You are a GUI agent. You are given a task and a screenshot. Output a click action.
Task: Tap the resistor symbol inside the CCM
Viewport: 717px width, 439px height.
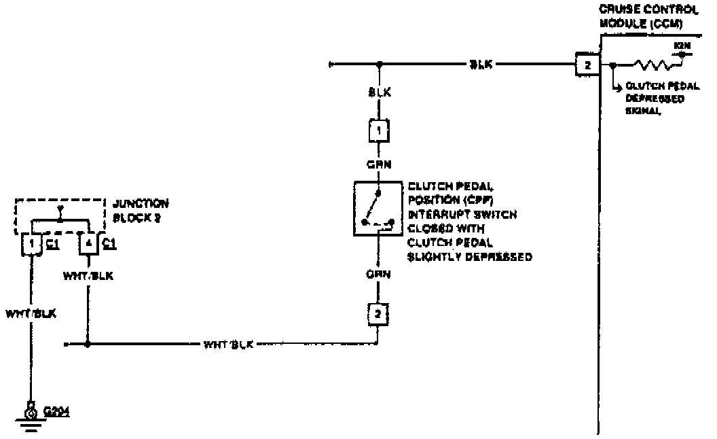[x=653, y=66]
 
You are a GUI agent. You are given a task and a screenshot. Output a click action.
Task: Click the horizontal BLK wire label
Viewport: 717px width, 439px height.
[x=481, y=65]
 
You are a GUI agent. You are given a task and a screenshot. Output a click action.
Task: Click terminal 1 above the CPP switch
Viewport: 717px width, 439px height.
[x=379, y=129]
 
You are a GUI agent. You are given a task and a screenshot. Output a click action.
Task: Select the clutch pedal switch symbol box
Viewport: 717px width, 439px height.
[x=379, y=208]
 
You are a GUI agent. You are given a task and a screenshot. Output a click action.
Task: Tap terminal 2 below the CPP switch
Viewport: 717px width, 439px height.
[x=379, y=313]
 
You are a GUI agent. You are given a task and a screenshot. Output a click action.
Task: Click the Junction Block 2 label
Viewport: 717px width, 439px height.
[x=140, y=209]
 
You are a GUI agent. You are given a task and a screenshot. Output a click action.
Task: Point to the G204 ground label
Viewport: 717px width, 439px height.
[x=56, y=412]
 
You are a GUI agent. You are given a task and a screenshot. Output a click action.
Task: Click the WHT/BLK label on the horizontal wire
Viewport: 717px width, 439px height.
[x=228, y=345]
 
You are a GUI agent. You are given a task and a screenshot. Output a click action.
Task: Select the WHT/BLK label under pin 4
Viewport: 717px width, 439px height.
[x=87, y=276]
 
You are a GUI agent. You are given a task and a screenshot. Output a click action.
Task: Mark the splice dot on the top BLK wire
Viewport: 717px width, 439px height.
[x=379, y=65]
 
